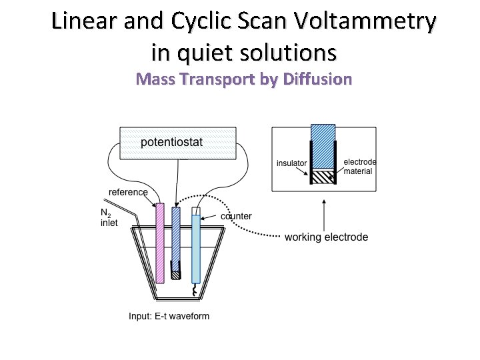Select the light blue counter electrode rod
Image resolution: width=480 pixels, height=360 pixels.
(195, 247)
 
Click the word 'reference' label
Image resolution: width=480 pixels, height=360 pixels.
(128, 192)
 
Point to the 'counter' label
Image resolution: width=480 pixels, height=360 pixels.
(236, 216)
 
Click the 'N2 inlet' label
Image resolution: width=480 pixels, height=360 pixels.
(109, 218)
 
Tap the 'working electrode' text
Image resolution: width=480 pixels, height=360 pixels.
(326, 237)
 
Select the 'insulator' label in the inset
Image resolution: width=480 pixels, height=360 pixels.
(291, 163)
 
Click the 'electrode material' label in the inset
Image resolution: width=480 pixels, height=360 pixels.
(359, 167)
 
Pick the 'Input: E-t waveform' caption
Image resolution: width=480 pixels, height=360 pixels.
(169, 316)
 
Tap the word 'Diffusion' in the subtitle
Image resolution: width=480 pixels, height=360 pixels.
(317, 79)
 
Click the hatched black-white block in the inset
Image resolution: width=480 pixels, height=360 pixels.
(323, 177)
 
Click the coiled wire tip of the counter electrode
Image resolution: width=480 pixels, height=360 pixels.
(195, 291)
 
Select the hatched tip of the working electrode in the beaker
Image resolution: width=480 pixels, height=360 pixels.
(176, 272)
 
